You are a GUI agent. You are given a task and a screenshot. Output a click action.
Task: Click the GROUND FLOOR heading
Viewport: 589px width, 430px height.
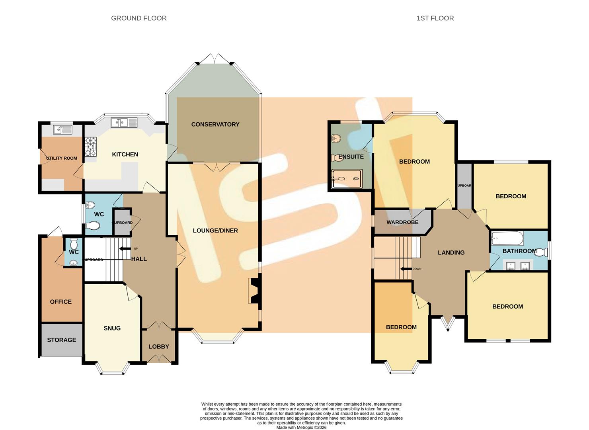point(138,18)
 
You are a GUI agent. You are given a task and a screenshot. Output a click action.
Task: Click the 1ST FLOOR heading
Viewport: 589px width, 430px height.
point(435,18)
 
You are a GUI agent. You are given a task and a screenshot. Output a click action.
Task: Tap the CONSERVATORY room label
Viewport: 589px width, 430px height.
point(215,124)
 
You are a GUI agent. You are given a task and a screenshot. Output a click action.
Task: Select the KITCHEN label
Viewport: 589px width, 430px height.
point(125,154)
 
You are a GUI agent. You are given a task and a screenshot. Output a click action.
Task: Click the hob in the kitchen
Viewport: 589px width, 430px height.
point(90,147)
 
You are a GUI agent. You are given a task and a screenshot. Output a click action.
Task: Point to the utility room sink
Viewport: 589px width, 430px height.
point(62,129)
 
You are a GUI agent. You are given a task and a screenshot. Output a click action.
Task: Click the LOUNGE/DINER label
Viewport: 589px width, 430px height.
point(215,231)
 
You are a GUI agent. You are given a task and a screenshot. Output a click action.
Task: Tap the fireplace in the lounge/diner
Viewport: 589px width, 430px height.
point(254,290)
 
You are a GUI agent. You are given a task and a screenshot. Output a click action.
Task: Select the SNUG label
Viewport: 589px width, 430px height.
point(112,328)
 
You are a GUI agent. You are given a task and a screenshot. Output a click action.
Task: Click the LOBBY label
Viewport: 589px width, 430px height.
point(159,346)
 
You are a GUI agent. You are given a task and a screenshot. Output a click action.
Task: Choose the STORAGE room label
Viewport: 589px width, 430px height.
point(61,340)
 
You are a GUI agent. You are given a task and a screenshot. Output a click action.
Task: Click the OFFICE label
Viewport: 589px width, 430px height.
point(61,301)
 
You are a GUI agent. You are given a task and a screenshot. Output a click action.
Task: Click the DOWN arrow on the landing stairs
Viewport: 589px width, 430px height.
point(406,269)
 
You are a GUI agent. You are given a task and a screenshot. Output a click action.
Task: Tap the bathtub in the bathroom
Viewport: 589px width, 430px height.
point(507,239)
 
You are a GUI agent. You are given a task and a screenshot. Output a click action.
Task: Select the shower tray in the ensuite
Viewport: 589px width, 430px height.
point(347,179)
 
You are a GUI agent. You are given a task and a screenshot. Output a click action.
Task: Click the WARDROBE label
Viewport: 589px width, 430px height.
point(402,222)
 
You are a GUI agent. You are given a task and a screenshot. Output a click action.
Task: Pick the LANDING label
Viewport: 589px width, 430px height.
point(451,252)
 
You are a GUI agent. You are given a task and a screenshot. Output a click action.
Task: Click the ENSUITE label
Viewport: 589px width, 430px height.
point(351,156)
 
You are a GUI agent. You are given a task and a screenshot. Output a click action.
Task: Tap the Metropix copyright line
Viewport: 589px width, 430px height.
point(301,427)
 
